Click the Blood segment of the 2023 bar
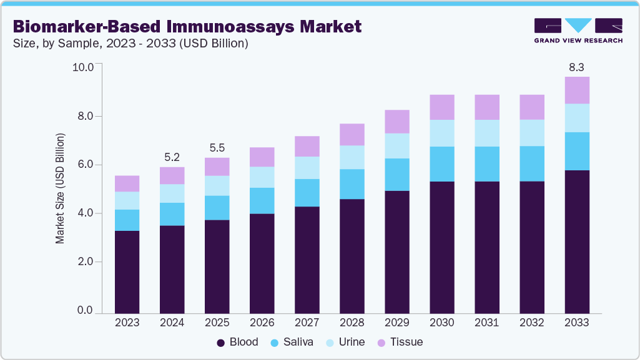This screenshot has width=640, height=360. (x=127, y=271)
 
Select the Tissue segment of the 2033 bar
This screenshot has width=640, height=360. (x=576, y=90)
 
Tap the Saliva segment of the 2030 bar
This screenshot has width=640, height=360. (x=441, y=164)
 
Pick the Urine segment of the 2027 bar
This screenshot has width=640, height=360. (x=307, y=168)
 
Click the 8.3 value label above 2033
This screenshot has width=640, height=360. (x=576, y=67)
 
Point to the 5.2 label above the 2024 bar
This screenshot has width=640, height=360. (x=172, y=157)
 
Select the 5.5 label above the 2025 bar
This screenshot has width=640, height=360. (x=217, y=147)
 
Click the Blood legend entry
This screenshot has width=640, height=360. (x=237, y=342)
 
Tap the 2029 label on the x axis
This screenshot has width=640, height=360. (x=396, y=323)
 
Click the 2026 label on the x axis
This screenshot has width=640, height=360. (x=262, y=323)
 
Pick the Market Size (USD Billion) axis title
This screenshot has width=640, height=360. (x=61, y=188)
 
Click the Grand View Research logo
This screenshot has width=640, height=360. (x=578, y=30)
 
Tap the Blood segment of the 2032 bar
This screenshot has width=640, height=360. (x=531, y=247)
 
